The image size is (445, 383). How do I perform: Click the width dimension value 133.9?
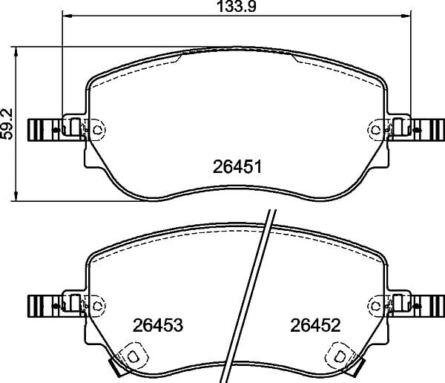pos(237,7)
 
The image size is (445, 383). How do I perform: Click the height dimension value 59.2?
pos(7,124)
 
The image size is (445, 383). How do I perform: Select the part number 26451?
pos(237,167)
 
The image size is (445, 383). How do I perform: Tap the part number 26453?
pos(158,325)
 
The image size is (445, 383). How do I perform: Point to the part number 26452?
pos(315,325)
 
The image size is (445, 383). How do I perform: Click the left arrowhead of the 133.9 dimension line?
pos(67,16)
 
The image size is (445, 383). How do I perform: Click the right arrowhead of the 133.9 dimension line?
pos(406,16)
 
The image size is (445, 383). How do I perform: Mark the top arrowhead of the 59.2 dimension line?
pos(16,52)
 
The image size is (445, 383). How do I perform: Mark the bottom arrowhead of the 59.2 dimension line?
pos(16,196)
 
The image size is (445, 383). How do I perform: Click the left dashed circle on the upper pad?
pos(97,130)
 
